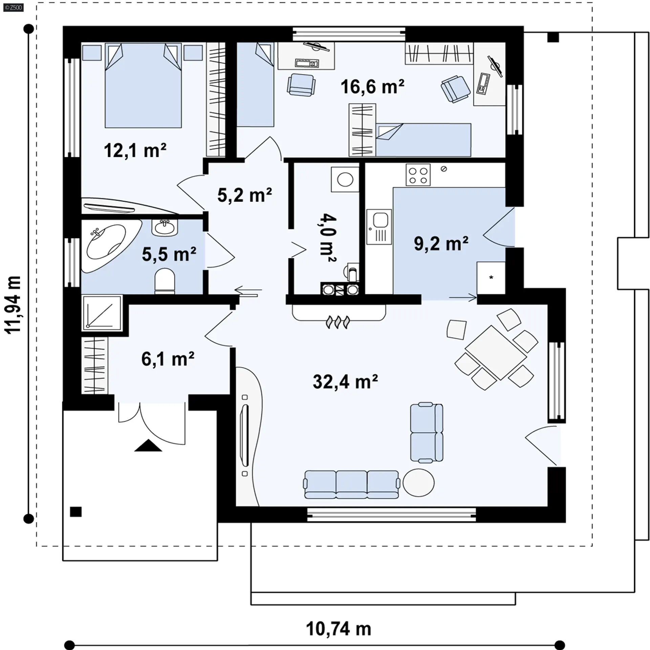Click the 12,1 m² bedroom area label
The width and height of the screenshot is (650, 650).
[x=135, y=150]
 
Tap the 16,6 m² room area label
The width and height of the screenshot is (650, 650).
[x=372, y=87]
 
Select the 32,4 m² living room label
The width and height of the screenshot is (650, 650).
[x=345, y=382]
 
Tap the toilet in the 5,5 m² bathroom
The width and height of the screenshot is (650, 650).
[x=165, y=280]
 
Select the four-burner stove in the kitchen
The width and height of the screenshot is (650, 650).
[x=418, y=175]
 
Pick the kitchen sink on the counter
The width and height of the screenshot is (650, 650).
[x=379, y=226]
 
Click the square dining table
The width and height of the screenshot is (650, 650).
[x=496, y=352]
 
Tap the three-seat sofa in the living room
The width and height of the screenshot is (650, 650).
[x=352, y=484]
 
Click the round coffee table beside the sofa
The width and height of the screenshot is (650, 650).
[x=418, y=483]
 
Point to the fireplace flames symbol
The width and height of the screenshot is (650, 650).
[x=338, y=322]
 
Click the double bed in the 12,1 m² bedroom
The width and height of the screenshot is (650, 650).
[x=143, y=85]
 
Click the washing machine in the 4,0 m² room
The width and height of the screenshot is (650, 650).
[x=345, y=179]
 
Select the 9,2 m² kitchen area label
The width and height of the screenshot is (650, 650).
[x=441, y=243]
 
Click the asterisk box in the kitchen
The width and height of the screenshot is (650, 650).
[x=491, y=278]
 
